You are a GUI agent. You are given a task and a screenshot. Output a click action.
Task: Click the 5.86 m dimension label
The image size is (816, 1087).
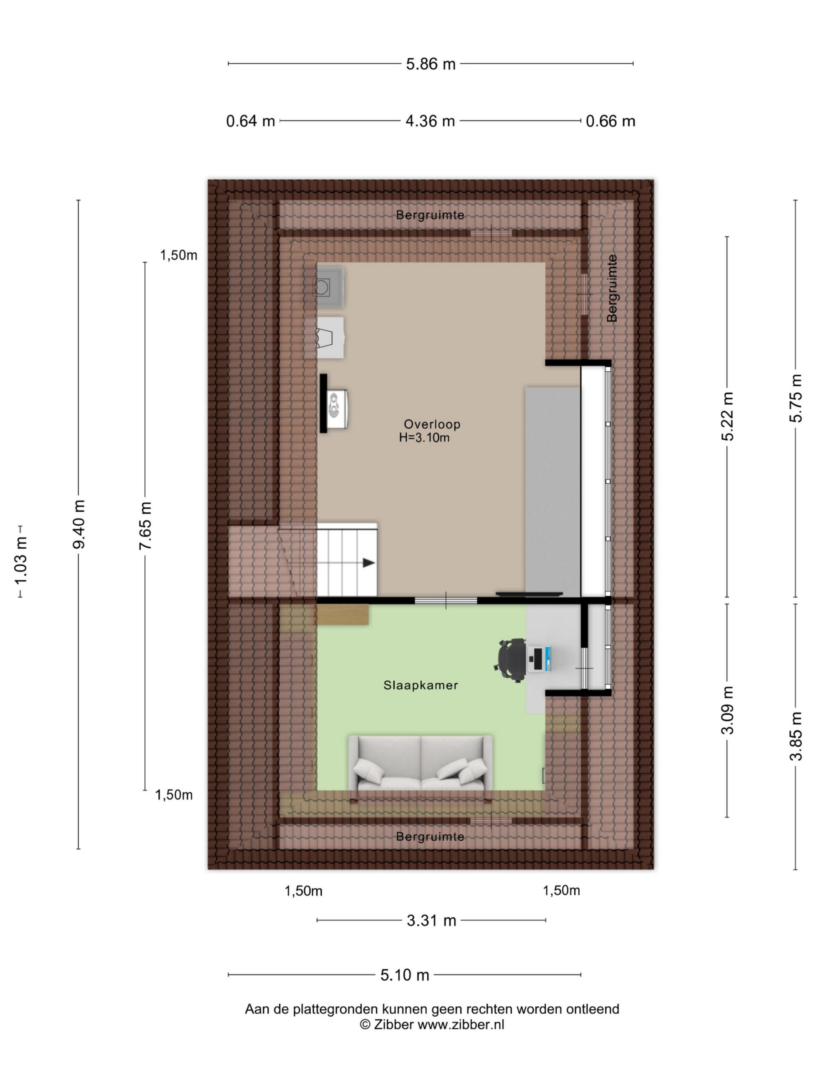pos(431,64)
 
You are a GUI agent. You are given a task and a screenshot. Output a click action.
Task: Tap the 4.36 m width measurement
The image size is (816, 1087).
pos(430,121)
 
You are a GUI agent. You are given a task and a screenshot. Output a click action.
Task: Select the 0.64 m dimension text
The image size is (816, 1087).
pos(250,121)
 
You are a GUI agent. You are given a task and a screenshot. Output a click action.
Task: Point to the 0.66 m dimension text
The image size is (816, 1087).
pos(610,121)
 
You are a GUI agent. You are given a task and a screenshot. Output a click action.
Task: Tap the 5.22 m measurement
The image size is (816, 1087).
pos(727,416)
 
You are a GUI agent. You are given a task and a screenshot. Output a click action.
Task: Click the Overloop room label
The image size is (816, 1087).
pos(432,424)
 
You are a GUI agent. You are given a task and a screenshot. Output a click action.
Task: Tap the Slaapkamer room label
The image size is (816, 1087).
pos(421,685)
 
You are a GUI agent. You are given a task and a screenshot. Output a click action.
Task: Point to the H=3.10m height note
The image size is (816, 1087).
pos(424,438)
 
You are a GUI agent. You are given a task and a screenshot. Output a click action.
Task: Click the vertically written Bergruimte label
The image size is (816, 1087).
pos(612,288)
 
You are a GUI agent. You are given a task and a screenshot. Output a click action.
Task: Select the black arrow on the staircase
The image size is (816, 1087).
pos(369,563)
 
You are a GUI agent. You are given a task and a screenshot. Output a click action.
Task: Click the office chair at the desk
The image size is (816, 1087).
pos(510,660)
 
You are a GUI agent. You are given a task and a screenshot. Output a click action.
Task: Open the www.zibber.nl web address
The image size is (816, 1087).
pos(461,1025)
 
